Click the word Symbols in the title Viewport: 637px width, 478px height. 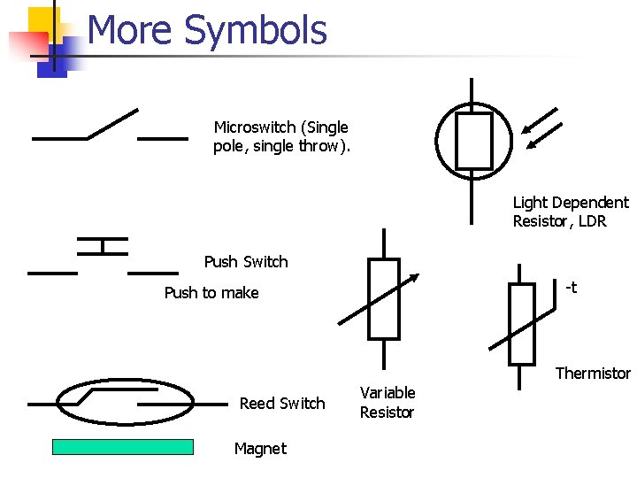click(x=257, y=31)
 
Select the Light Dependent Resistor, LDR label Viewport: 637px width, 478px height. click(x=571, y=212)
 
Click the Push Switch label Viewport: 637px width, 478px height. click(x=246, y=262)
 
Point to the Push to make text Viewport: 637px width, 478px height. click(x=211, y=293)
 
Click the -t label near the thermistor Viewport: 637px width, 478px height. click(x=571, y=287)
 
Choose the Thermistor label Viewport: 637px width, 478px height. click(x=593, y=374)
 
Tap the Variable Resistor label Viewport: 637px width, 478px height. click(x=387, y=402)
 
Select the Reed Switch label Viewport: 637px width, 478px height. click(x=282, y=404)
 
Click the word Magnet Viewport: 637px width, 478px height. click(x=260, y=449)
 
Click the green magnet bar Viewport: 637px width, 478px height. click(x=123, y=447)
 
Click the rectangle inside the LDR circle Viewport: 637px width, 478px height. click(x=473, y=141)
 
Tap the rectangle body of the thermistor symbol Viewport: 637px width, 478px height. click(x=522, y=324)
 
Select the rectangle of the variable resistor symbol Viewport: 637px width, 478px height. click(x=384, y=299)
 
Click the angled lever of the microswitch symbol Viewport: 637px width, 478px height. click(x=113, y=124)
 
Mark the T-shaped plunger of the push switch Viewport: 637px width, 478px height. click(x=103, y=244)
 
